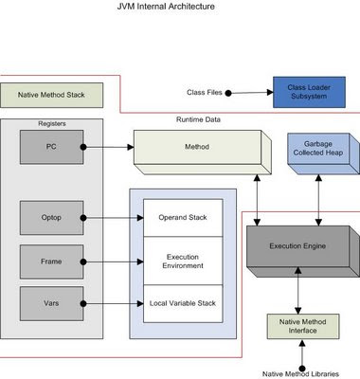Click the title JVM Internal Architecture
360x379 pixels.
point(179,7)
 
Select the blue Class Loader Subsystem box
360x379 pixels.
point(305,93)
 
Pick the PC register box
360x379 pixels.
point(51,147)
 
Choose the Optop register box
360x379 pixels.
point(51,217)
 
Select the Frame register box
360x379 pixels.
point(51,261)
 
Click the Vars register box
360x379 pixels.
point(51,304)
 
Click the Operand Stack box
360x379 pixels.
point(182,218)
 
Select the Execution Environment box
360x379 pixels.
point(182,261)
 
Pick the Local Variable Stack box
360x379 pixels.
point(182,303)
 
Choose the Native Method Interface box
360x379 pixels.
point(300,330)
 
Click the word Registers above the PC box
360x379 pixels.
point(50,124)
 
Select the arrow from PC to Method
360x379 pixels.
point(108,147)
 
